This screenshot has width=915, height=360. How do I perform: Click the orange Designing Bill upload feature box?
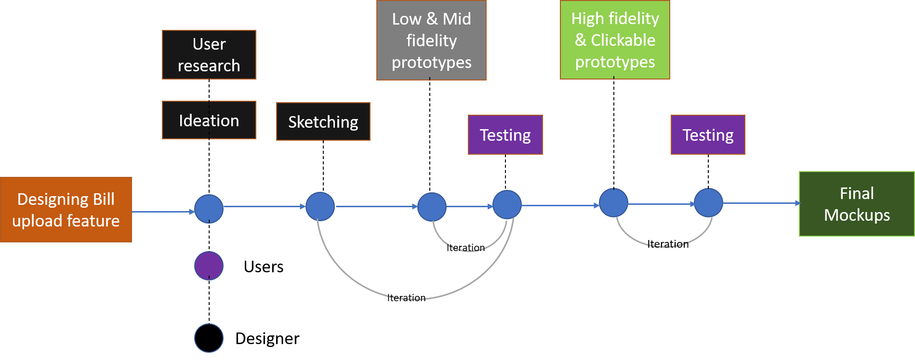click(x=66, y=210)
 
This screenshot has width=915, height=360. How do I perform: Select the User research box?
click(x=209, y=55)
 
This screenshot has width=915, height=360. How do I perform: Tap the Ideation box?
click(x=209, y=120)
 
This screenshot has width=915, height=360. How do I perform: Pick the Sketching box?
click(x=323, y=121)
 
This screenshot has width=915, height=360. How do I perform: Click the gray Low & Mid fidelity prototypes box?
click(x=431, y=40)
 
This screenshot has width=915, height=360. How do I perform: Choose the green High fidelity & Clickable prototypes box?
click(x=615, y=40)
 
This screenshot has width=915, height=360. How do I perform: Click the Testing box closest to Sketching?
click(x=505, y=135)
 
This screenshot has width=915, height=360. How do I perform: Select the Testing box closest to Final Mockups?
click(x=708, y=135)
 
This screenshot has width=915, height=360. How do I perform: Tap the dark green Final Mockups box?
click(x=857, y=204)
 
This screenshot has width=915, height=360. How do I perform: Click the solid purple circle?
click(x=209, y=266)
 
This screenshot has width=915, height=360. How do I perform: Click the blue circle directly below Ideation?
click(x=209, y=209)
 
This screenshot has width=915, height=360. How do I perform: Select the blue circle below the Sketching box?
click(x=320, y=206)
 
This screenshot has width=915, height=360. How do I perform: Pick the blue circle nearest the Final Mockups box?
click(x=708, y=203)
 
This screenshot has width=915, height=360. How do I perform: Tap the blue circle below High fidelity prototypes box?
click(x=613, y=203)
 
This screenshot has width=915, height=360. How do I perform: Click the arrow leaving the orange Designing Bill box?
click(x=163, y=212)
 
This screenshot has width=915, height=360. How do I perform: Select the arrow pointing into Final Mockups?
click(x=761, y=203)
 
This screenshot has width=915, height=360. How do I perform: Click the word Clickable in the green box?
click(x=623, y=40)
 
